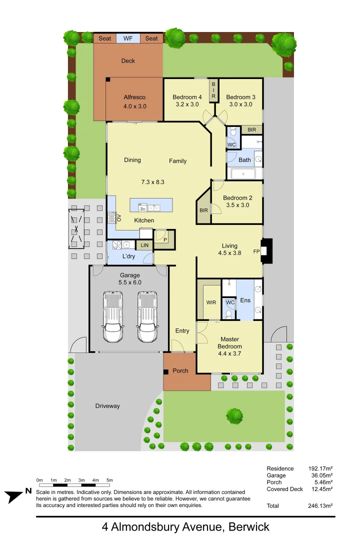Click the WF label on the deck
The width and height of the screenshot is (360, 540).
128,38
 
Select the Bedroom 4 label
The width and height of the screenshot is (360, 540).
187,97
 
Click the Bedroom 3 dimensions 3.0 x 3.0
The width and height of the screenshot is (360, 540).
240,104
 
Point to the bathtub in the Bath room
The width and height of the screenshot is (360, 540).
242,174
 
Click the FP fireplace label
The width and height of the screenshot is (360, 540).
256,251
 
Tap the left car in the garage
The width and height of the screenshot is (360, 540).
113,317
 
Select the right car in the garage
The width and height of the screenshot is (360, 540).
147,317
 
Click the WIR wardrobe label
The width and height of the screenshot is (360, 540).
211,302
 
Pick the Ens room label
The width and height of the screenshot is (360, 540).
245,300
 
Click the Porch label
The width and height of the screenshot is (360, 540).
180,370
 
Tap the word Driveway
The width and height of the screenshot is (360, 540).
107,406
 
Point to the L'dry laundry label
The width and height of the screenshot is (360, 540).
128,256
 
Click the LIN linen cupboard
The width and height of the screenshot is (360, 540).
144,245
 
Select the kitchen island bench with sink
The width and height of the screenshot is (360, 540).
151,205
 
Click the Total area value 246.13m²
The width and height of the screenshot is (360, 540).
320,506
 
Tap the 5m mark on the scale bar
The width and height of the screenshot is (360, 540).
109,485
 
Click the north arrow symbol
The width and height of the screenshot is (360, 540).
15,496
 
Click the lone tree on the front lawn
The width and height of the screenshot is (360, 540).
234,415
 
